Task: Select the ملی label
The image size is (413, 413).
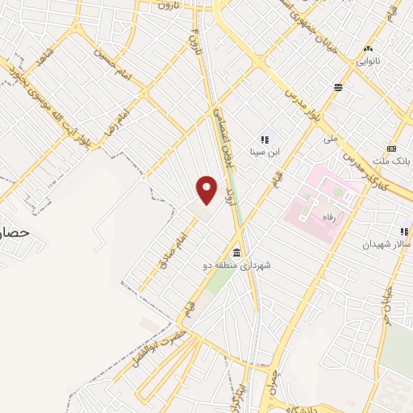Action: [330, 139]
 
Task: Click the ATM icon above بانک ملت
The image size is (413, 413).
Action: [392, 148]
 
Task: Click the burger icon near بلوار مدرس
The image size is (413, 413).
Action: [339, 87]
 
